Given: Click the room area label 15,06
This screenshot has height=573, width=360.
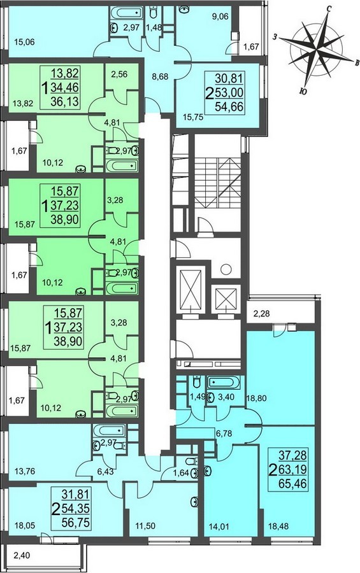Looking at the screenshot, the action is pos(24,42).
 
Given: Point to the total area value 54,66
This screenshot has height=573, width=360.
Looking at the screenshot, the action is pos(229,107).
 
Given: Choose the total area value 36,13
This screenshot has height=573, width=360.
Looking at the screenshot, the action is pos(65,101).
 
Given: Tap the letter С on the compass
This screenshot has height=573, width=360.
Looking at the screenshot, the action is pos(329,10).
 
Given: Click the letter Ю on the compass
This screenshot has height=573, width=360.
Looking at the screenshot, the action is pos(303,92).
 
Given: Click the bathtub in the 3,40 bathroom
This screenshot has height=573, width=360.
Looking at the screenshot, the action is pos(223,383).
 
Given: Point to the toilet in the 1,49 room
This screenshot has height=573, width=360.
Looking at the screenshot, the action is pos(196,383).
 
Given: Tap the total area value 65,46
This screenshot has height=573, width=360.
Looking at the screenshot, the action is pos(292,485).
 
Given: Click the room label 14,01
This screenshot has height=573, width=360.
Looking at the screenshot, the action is pos(218,527).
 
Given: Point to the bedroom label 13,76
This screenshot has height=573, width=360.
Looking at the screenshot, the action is pos(24,471).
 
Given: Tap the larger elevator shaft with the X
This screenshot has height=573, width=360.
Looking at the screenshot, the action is pos(189,285).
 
